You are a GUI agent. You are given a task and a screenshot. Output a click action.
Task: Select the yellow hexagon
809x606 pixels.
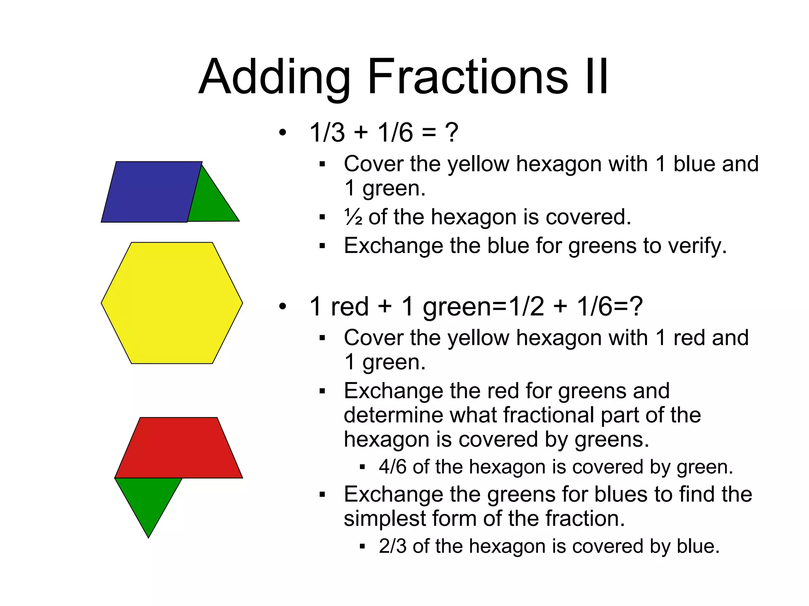tap(172, 303)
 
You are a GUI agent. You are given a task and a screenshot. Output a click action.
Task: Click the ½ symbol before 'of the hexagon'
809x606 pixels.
tap(353, 217)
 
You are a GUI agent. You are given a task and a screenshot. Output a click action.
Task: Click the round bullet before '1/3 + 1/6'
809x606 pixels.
tap(282, 133)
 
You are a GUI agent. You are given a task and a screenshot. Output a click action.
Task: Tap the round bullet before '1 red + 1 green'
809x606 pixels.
tap(282, 307)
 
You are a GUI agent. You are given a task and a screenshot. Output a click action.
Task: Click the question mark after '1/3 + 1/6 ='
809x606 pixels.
tap(452, 133)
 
